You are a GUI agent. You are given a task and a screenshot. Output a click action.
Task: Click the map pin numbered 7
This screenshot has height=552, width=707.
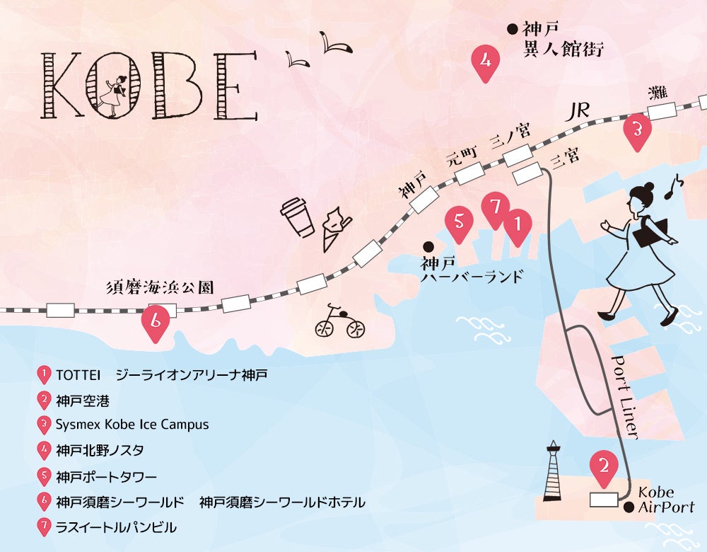pos(495,209)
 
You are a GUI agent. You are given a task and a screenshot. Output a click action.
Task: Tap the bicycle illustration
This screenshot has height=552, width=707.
pos(339,325)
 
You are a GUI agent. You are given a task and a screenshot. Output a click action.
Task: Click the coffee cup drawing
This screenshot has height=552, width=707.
pos(297,216)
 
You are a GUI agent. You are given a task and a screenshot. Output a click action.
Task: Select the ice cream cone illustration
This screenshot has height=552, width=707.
pos(334,226)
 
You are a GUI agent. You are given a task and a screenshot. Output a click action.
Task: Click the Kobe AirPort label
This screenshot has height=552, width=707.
pos(665,500)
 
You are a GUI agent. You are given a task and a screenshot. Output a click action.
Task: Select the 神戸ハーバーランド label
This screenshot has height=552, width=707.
pos(472,270)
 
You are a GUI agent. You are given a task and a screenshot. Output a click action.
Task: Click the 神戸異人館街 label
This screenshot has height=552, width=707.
pos(562,40)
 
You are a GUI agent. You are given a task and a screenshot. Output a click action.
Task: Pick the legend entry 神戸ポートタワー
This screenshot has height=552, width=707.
pos(106,476)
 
